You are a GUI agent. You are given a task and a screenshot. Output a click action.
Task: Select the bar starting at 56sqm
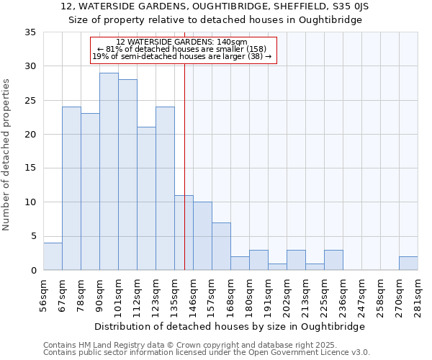(x=53, y=256)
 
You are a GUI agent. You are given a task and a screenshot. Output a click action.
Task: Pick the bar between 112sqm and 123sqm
(x=146, y=199)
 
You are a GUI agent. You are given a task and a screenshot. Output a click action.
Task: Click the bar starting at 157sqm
(x=221, y=246)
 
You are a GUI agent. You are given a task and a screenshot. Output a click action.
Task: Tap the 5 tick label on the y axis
(x=34, y=236)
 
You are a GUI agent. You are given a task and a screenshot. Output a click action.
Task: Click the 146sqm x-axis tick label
(x=193, y=295)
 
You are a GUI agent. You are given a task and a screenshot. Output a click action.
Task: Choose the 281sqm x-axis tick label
(x=418, y=295)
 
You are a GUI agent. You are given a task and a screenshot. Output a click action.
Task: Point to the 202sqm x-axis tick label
(x=287, y=295)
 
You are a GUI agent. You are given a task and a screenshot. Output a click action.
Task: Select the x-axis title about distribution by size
(x=230, y=326)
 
